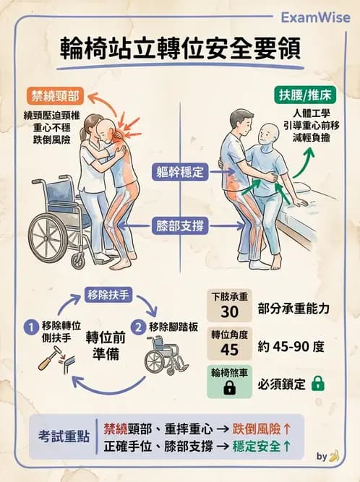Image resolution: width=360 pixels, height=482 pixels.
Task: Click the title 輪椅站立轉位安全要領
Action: coord(180,52)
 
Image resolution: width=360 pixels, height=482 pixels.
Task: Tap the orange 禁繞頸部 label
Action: coord(56,95)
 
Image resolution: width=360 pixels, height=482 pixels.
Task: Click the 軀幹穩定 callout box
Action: coord(180,173)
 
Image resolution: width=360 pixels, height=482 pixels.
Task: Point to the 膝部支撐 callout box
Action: coord(180,226)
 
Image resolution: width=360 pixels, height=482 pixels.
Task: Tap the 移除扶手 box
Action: coord(107,294)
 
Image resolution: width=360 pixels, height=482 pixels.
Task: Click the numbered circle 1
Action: coord(30,327)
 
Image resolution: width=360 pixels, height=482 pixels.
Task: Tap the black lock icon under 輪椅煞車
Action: coord(231,388)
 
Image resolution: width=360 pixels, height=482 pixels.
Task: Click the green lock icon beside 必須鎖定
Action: coord(317,384)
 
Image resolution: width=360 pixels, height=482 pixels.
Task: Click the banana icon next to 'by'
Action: coord(333,456)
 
